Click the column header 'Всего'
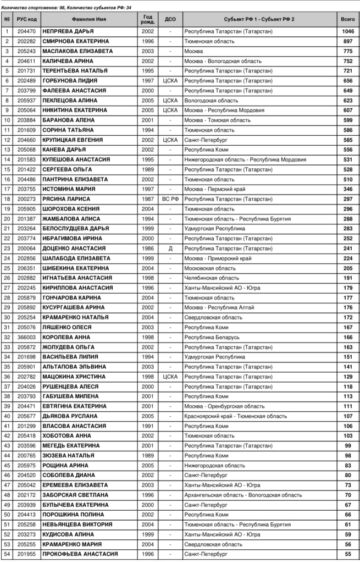[347, 19]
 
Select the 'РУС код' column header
[26, 19]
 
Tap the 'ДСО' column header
[170, 19]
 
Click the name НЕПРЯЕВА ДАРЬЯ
[68, 31]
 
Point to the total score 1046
[347, 31]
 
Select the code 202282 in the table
[26, 41]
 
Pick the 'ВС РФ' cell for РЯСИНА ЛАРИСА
[170, 199]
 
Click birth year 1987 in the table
[148, 199]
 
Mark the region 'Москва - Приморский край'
[218, 258]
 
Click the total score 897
[347, 41]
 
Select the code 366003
[26, 337]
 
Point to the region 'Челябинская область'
[212, 278]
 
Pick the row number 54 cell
[7, 554]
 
